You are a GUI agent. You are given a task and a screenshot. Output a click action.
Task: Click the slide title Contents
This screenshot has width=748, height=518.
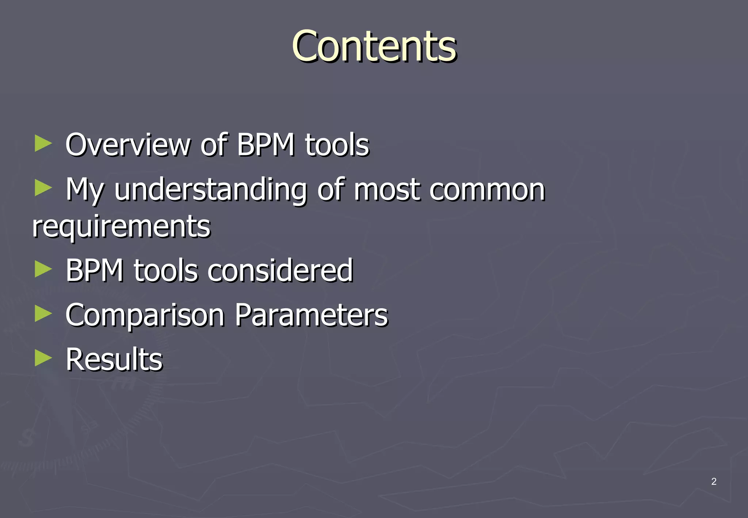coord(374,46)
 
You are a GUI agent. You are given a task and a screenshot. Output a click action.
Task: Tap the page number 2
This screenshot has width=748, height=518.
coord(714,481)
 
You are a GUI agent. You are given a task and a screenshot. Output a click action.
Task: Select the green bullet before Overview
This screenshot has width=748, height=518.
coord(43,143)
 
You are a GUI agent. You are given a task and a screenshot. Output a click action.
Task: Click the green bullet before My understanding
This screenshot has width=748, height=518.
coord(43,188)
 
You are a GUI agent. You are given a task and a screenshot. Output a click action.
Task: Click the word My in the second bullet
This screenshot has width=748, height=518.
coord(85,191)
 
